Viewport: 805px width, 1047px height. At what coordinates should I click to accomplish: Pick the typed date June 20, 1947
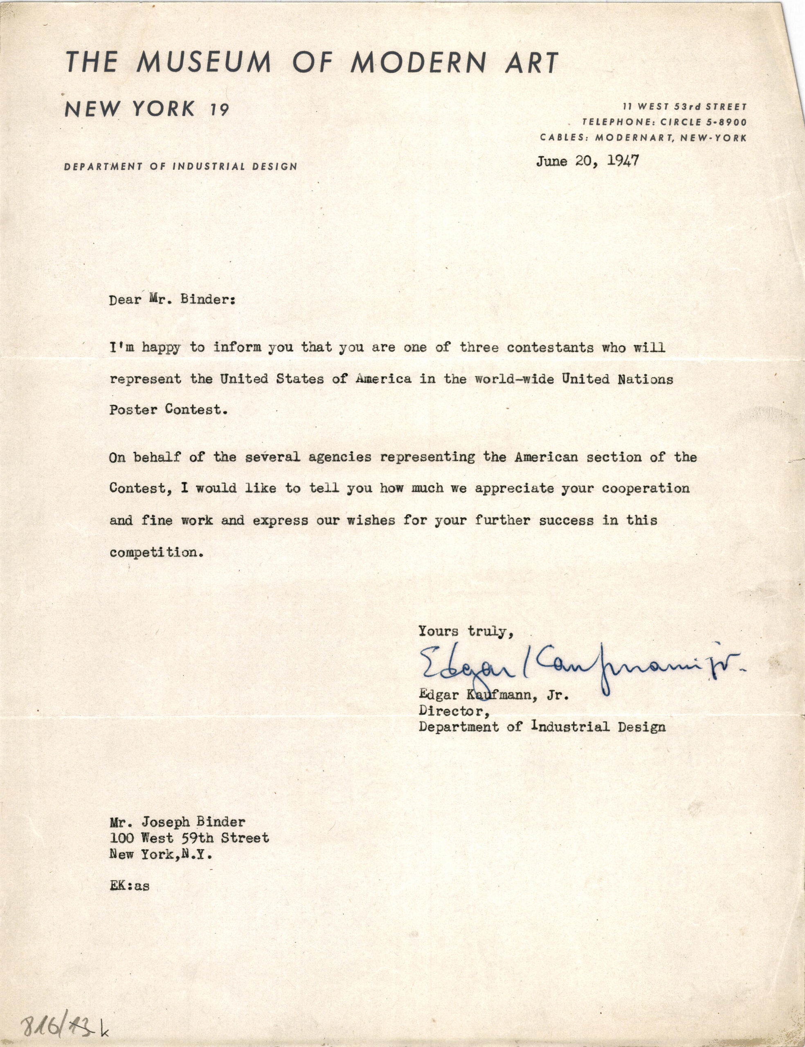(587, 161)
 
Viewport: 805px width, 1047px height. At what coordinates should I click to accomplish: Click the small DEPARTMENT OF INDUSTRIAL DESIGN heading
(181, 167)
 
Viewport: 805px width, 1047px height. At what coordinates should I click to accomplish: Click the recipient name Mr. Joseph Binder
(177, 822)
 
